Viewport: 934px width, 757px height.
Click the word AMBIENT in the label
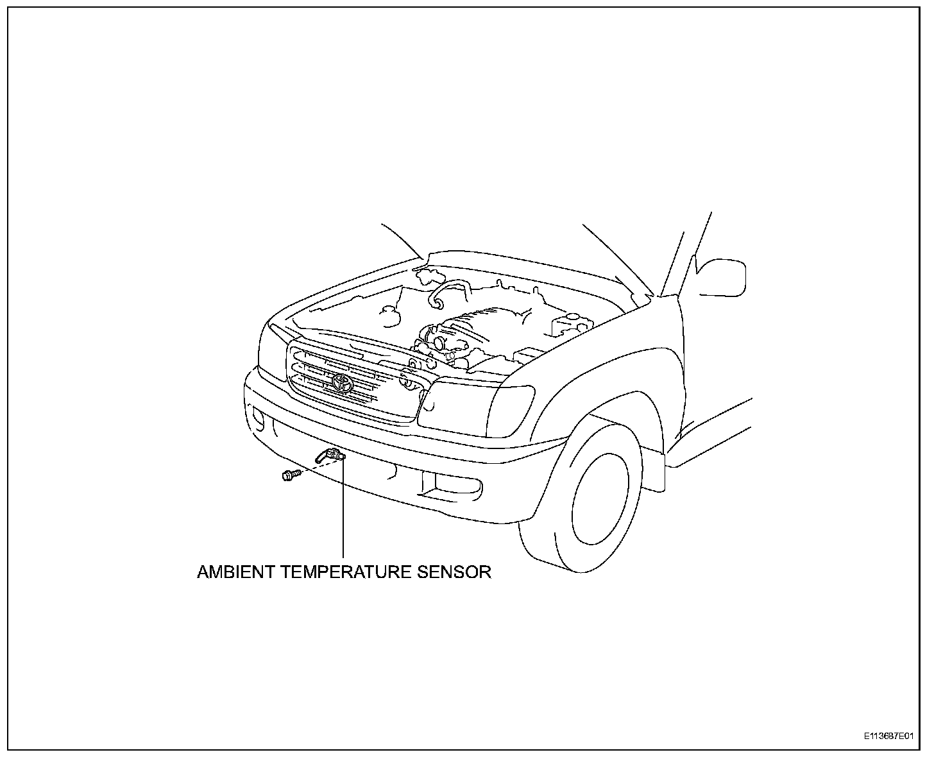[236, 572]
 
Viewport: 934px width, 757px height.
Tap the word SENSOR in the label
[454, 572]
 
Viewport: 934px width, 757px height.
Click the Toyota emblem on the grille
[342, 383]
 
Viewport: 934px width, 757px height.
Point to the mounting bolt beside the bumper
[290, 475]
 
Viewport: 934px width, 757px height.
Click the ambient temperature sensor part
[332, 456]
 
